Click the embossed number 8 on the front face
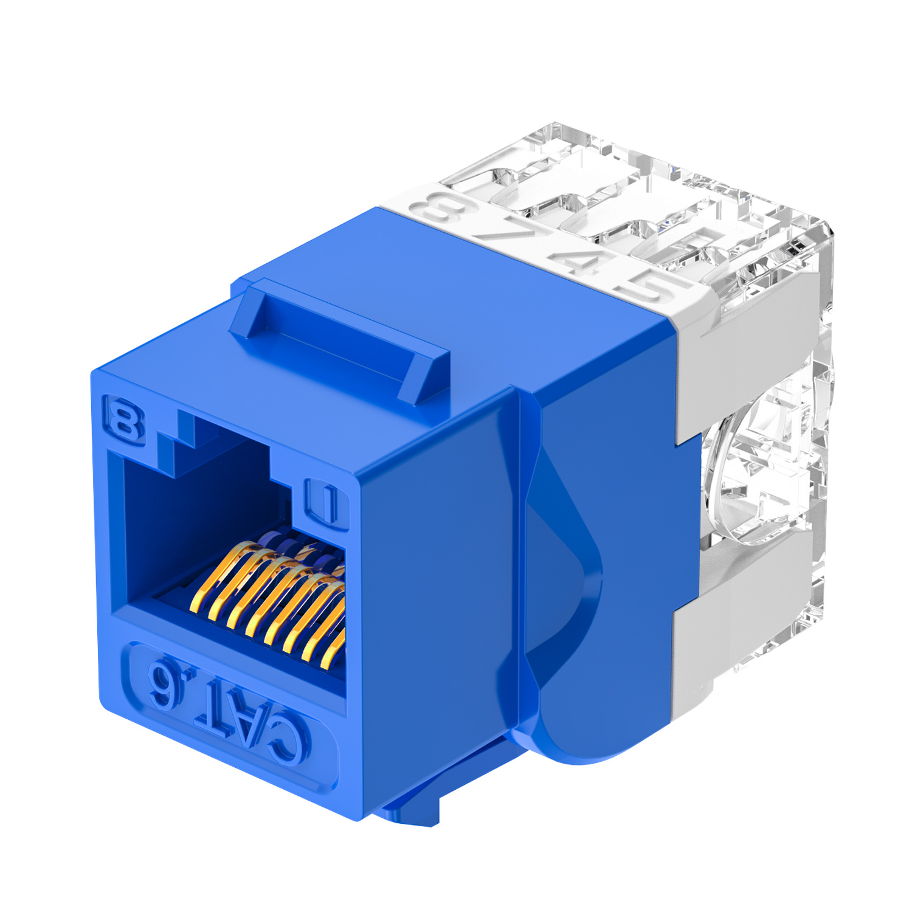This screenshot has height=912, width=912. click(x=125, y=420)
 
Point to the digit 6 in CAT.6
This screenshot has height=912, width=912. click(x=163, y=688)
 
